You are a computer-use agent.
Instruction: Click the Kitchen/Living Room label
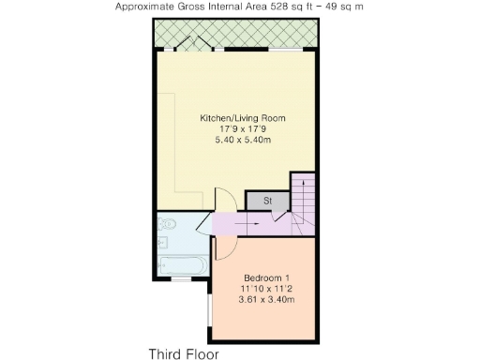(243, 118)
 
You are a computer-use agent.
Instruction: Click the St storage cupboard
(266, 201)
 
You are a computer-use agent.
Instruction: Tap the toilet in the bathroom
(167, 225)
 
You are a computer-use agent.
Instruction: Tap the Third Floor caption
(183, 353)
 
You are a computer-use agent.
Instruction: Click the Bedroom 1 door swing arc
(226, 247)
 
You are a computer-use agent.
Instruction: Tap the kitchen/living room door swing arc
(226, 200)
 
